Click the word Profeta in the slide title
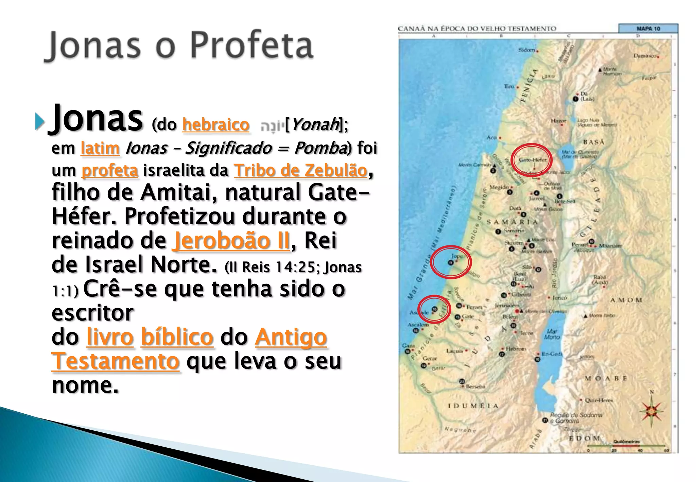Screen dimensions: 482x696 (x=251, y=45)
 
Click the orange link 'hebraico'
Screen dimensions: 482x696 (x=216, y=124)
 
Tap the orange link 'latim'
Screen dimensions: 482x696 (x=100, y=148)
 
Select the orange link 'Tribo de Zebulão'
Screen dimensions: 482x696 (x=301, y=170)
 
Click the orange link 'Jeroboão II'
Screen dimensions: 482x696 (x=232, y=241)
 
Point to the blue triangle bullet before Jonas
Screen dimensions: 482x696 (x=40, y=121)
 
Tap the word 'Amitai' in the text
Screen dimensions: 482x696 (x=180, y=192)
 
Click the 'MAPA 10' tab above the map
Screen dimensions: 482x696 (x=648, y=29)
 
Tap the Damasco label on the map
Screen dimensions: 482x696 (x=645, y=56)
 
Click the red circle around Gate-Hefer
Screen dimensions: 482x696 (x=532, y=159)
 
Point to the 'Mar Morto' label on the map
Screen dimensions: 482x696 (x=552, y=334)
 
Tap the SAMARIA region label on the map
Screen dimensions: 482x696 (x=512, y=222)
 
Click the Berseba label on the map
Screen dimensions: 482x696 (x=475, y=386)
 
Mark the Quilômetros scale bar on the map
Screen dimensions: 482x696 (x=627, y=445)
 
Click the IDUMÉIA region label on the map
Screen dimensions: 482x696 (x=473, y=406)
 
